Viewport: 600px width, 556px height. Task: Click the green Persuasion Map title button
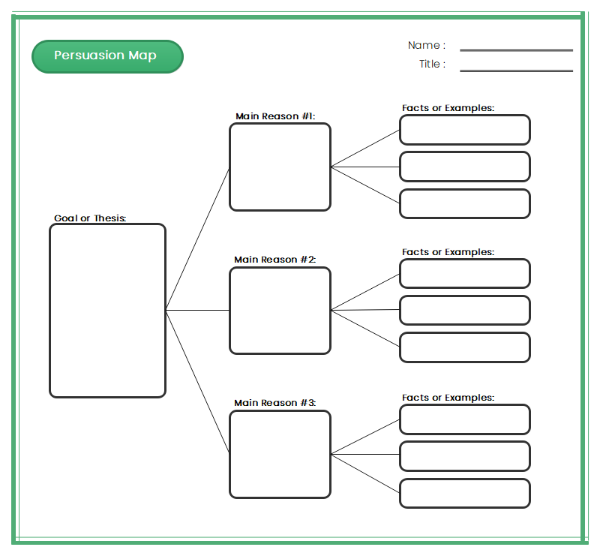click(107, 56)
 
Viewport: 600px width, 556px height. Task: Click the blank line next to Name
click(516, 50)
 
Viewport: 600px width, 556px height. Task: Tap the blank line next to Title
click(516, 71)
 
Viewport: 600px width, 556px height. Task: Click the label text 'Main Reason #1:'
click(275, 116)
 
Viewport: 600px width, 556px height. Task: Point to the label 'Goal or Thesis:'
click(90, 218)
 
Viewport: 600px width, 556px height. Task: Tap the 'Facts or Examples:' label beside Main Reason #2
click(448, 252)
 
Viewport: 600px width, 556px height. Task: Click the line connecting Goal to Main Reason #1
click(197, 239)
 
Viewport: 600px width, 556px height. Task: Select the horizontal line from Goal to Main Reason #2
click(197, 310)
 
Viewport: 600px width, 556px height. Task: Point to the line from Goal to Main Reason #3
click(197, 381)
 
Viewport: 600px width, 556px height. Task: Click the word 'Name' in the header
click(424, 45)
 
